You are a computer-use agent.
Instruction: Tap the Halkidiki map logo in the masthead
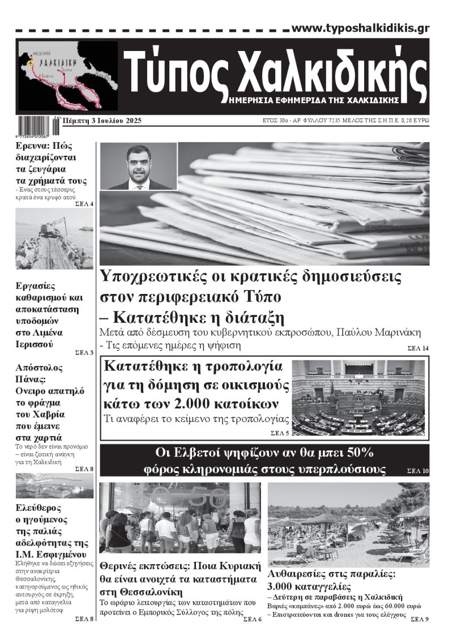[x=68, y=75]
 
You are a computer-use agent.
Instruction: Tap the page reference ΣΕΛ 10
[x=418, y=471]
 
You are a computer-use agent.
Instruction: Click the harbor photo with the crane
[x=54, y=238]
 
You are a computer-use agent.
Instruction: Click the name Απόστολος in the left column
[x=39, y=367]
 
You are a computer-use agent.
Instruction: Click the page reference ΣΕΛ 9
[x=420, y=619]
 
